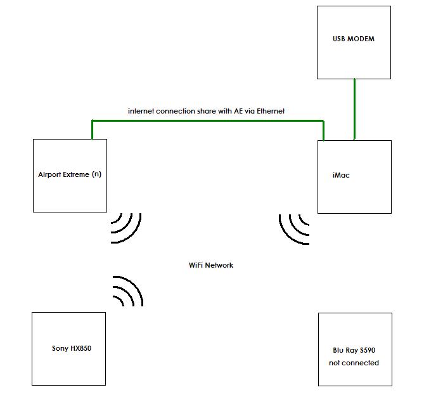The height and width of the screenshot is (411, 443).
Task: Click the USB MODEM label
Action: point(353,39)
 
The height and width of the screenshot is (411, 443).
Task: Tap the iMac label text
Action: point(341,176)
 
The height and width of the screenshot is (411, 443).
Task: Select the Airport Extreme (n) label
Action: point(70,174)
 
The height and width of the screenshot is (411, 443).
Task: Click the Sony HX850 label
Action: point(72,348)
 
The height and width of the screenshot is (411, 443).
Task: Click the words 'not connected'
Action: point(354,363)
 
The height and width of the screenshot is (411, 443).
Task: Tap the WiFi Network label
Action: point(211,265)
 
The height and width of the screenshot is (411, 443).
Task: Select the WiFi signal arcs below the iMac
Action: point(294,228)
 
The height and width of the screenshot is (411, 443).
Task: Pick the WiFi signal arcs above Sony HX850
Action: point(127,291)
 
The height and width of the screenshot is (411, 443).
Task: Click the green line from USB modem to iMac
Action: point(354,109)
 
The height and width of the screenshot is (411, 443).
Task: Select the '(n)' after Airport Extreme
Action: point(96,174)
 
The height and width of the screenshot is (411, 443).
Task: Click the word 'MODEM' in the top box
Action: point(362,39)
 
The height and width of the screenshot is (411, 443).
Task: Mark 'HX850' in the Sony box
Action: point(80,348)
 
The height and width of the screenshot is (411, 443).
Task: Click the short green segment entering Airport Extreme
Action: point(92,130)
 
